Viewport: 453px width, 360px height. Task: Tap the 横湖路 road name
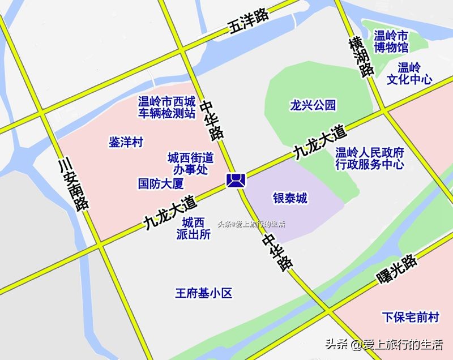[361, 57]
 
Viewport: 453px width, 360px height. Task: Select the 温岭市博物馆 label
[391, 41]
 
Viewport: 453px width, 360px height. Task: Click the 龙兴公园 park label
[313, 105]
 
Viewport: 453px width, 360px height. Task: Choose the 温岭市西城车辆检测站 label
[167, 108]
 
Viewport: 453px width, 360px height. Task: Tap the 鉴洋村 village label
[126, 142]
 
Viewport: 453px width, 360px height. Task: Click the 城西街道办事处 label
[190, 162]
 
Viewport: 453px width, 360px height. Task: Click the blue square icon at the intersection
[235, 181]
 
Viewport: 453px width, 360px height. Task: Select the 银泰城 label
[290, 198]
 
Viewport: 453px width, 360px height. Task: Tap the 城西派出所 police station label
[193, 228]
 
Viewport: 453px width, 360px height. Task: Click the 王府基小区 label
[203, 293]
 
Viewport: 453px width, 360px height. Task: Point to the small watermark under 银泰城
[251, 224]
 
